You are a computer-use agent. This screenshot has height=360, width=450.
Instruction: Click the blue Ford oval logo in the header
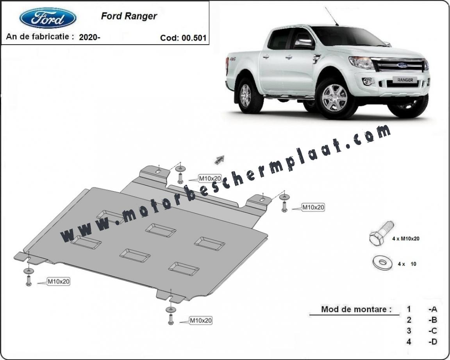[48, 18]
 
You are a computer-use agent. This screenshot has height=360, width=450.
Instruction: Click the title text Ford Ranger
[129, 16]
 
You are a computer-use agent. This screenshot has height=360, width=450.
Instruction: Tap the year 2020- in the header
[89, 37]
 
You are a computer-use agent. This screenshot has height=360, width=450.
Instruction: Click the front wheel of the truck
[334, 98]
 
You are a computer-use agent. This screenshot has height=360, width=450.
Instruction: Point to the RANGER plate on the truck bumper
[405, 80]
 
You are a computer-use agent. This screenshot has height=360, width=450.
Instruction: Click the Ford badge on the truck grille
[402, 65]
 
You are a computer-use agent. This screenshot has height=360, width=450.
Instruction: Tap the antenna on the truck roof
[332, 16]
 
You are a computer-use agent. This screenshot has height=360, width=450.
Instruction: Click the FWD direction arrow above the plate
[220, 159]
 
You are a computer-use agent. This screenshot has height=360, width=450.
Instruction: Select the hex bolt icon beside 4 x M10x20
[381, 233]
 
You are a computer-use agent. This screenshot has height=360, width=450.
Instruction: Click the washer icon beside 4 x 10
[382, 262]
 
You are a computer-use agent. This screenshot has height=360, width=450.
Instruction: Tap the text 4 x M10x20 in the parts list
[406, 238]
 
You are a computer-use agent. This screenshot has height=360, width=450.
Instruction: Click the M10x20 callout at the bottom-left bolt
[59, 281]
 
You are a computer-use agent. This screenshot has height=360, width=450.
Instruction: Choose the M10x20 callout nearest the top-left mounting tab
[210, 179]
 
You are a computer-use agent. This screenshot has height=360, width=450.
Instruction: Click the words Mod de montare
[356, 309]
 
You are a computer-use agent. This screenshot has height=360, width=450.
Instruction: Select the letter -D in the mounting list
[432, 342]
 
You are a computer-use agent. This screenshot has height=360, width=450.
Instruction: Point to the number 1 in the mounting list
[409, 309]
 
